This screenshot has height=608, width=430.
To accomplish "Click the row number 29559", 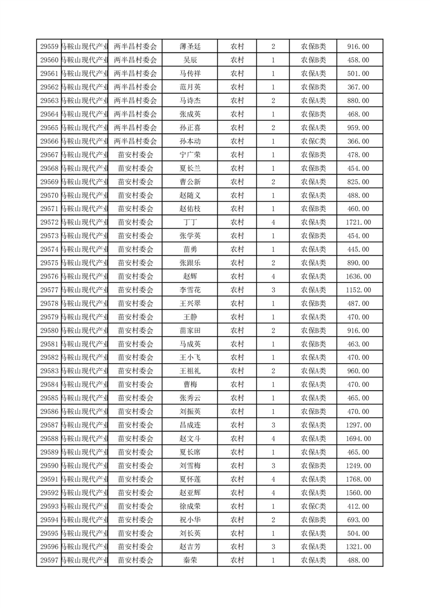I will point(49,47).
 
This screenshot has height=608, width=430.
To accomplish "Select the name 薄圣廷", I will point(189,47).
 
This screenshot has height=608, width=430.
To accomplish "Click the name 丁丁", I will point(189,222).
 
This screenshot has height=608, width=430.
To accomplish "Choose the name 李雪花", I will point(189,290).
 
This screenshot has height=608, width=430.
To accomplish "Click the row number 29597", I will point(49,560).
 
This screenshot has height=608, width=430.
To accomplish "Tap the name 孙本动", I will point(189,141).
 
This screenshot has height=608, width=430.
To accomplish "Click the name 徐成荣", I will point(189,506).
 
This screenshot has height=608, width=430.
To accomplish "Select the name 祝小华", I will point(189,520).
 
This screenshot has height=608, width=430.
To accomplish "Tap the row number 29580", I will point(49,331).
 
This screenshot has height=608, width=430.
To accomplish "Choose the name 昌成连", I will point(189,425).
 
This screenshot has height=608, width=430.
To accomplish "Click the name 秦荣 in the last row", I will point(189,560).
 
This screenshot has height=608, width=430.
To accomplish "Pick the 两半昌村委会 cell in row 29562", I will point(135,87).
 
